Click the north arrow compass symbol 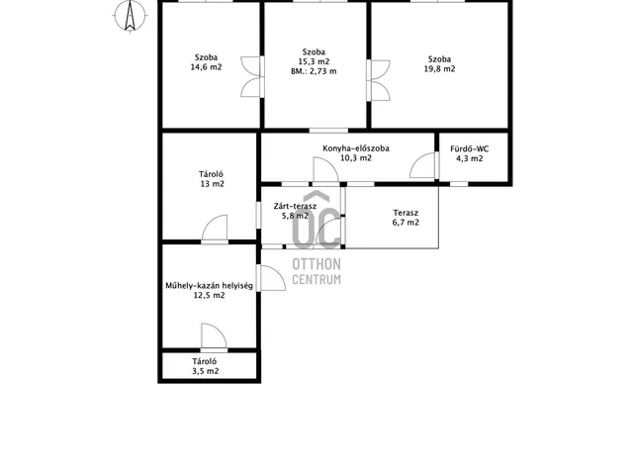130,16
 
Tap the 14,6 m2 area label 207,67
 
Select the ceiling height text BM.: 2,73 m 314,71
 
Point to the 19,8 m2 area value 439,68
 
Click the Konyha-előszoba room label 356,148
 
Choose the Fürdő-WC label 470,148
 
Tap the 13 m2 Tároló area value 213,184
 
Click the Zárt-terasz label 295,206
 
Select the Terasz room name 406,213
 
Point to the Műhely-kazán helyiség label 209,286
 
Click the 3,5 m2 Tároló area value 206,371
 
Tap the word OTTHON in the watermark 316,264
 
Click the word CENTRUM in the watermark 316,279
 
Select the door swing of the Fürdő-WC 422,165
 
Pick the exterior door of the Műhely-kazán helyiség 273,278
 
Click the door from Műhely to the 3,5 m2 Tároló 214,335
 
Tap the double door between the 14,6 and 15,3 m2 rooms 251,77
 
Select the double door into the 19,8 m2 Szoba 380,80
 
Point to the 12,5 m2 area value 209,295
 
